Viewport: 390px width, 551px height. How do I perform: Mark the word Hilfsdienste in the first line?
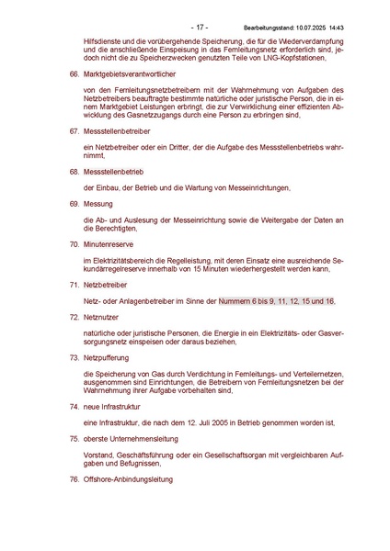(x=101, y=31)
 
